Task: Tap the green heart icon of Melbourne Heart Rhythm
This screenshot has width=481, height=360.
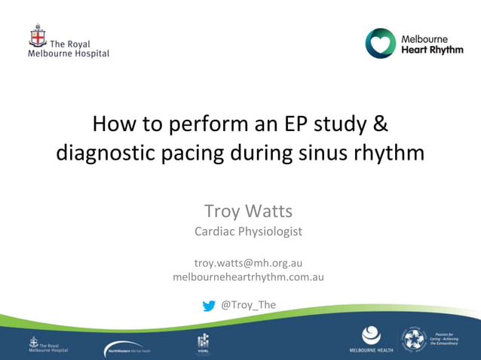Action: tap(380, 44)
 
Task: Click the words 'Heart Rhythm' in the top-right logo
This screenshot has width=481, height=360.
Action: tap(431, 50)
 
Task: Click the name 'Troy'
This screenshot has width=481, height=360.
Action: tap(222, 210)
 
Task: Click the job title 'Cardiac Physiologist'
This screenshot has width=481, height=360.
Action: tap(248, 231)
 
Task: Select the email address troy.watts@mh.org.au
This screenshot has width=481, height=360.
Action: tap(248, 263)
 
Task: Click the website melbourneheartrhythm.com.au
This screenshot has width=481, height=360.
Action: tap(248, 276)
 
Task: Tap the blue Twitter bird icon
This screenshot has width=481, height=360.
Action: tap(209, 305)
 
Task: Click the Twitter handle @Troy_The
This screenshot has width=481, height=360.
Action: tap(248, 304)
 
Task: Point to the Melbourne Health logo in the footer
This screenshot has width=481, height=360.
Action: tap(371, 340)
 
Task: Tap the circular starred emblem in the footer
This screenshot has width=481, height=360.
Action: tap(414, 339)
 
